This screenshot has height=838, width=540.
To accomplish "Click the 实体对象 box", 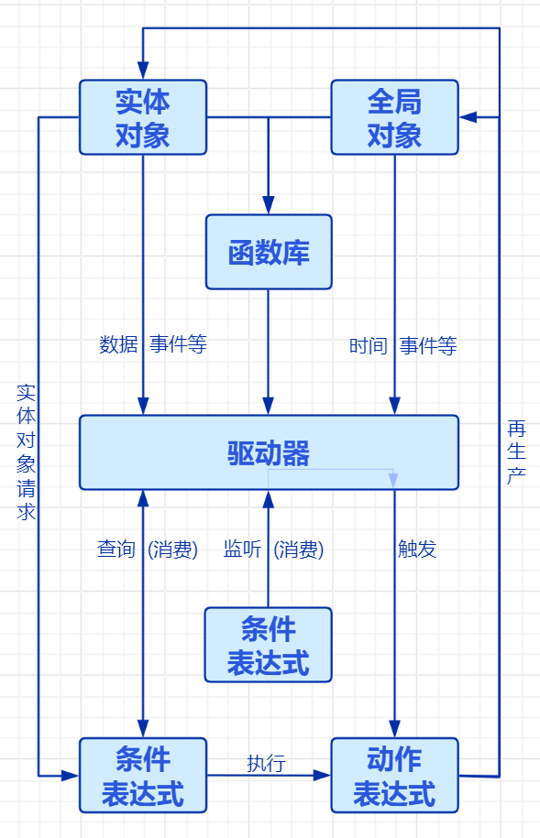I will [143, 117].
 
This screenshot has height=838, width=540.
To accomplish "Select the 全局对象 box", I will [394, 117].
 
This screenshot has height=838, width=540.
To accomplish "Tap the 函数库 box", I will [269, 252].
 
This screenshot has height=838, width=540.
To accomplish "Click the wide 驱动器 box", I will [269, 452].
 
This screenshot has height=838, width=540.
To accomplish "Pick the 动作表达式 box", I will [394, 775].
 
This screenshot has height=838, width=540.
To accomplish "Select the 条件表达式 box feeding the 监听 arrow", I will [269, 645].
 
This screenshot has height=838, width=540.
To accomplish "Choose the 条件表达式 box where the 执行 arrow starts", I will [143, 775].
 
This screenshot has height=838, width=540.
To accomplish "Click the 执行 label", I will [266, 763].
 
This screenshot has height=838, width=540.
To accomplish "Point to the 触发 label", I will [417, 549].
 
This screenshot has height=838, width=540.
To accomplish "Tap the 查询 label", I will [116, 550].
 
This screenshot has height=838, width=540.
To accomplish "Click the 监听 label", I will [243, 550].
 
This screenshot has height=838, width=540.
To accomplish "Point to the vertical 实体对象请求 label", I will [27, 452].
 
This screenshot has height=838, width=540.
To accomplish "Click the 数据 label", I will [118, 344].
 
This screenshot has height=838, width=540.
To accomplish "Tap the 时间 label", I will [368, 345].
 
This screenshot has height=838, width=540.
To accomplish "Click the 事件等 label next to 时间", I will [428, 345].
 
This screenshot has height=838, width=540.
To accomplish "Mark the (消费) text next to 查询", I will [173, 550].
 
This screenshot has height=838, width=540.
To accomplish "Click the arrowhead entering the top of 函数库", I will [269, 206].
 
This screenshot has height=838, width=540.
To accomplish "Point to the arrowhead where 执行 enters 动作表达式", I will [322, 775].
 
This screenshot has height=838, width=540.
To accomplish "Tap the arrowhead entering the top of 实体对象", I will [143, 71].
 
